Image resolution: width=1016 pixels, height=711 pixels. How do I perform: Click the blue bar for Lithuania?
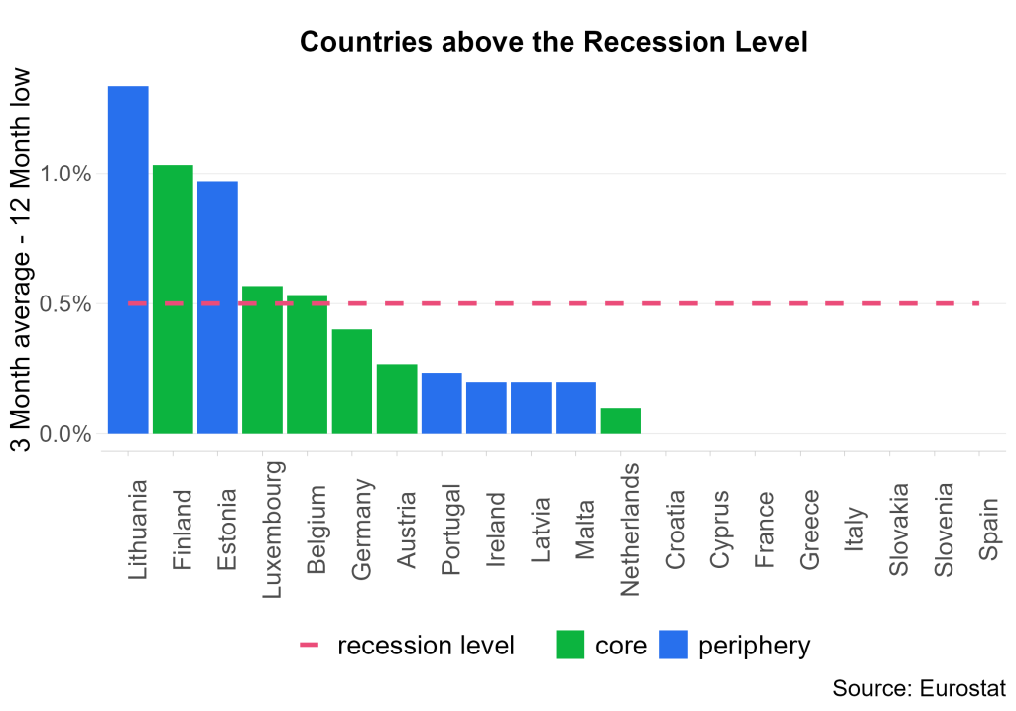tap(128, 260)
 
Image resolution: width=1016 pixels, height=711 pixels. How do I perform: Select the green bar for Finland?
tap(173, 298)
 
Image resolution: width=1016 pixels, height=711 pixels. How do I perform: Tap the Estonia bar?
tap(217, 307)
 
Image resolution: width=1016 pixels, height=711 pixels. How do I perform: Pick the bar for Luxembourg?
tap(262, 359)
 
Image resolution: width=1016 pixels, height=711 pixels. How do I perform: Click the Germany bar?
tap(352, 381)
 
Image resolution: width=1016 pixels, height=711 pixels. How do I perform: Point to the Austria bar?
tap(397, 399)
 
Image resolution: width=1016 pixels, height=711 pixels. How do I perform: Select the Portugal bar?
tap(442, 403)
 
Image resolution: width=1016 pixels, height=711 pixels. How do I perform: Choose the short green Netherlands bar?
tap(621, 420)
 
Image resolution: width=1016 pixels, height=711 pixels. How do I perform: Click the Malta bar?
tap(575, 408)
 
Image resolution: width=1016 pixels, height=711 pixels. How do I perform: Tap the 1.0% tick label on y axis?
tap(65, 175)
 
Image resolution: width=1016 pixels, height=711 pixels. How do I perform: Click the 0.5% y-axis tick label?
tap(65, 304)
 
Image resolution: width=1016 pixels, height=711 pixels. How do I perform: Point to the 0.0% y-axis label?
tap(65, 434)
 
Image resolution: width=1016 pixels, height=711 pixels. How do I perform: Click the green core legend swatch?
tap(571, 646)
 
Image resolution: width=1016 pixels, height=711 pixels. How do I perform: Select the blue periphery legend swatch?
tap(674, 646)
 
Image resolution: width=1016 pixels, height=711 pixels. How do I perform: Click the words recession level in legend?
tap(426, 646)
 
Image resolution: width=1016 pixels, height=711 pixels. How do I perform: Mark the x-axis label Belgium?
tap(317, 530)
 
